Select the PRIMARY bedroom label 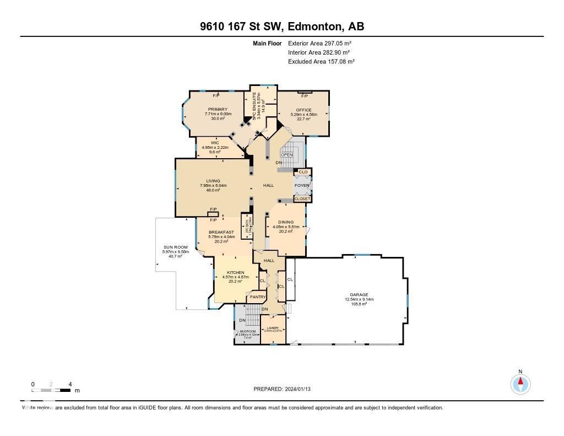(214, 110)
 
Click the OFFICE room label (303, 110)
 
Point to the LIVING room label (213, 181)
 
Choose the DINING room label (286, 222)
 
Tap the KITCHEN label (236, 272)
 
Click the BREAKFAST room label (221, 232)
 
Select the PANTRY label (258, 297)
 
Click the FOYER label (302, 186)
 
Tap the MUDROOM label (244, 331)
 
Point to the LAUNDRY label (273, 328)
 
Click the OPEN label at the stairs (286, 155)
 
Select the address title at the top (282, 26)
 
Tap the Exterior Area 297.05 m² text (319, 43)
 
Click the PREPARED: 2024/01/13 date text (285, 389)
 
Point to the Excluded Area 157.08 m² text (321, 62)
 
